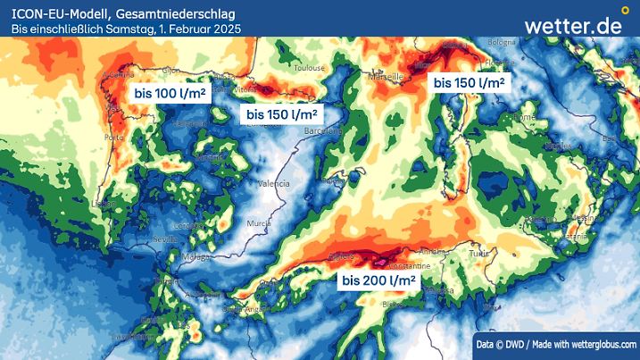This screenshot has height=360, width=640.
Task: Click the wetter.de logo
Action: coord(573,25)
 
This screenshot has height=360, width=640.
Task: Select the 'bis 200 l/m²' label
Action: coord(379,280)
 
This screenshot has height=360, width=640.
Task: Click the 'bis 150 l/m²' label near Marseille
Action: coord(469,83)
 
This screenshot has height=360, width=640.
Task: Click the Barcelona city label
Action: coord(323,130)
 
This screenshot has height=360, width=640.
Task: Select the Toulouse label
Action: coord(309,67)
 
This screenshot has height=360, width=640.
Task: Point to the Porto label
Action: coord(113,138)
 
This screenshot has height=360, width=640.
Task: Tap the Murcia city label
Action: coord(259,222)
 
